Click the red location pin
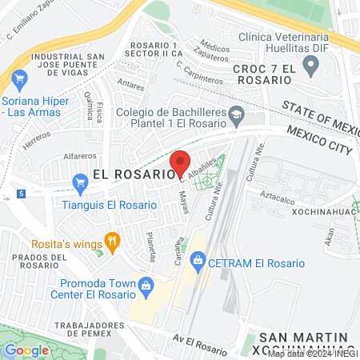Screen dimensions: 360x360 click(x=180, y=162)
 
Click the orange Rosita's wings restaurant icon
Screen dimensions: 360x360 click(x=112, y=238)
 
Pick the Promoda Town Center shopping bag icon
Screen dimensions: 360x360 click(x=146, y=284)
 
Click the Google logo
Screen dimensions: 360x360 click(x=26, y=350)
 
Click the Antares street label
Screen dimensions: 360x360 click(x=130, y=81)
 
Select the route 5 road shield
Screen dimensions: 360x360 click(x=20, y=193)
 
